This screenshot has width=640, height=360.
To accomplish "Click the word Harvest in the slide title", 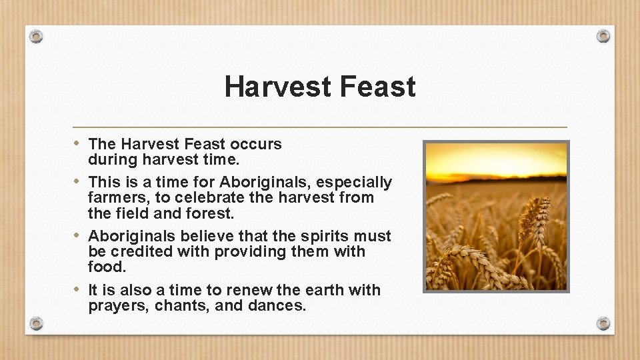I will click(x=278, y=87).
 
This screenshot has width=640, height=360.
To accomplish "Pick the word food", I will click(x=106, y=267).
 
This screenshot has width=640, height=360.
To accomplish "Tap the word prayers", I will click(x=118, y=307).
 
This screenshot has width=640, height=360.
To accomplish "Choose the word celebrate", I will click(x=217, y=198).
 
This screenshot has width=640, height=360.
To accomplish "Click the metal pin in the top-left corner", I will click(x=37, y=36).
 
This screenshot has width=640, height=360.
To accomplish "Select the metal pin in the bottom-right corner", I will click(x=603, y=323).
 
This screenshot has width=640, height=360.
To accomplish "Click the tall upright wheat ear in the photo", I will click(x=535, y=220).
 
